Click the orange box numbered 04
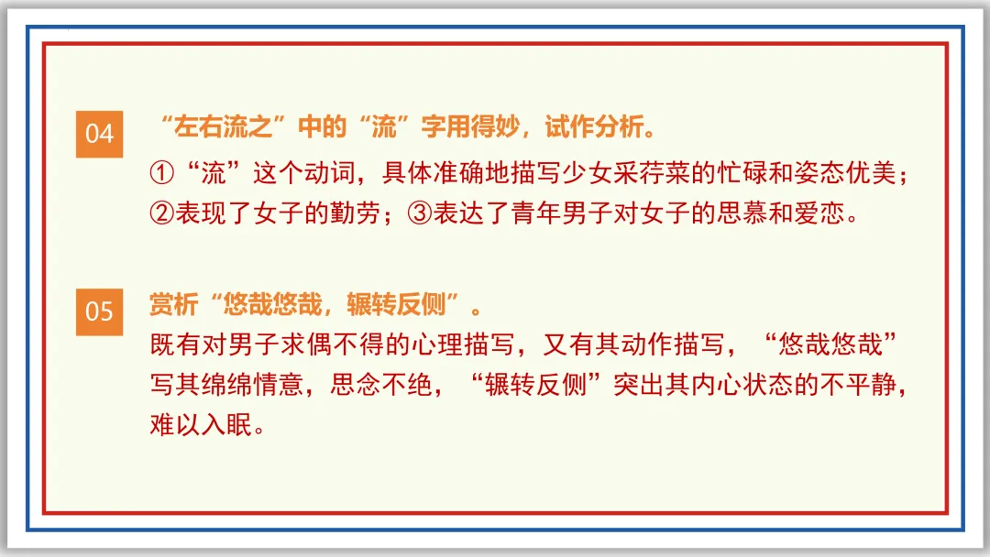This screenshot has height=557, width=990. (x=99, y=134)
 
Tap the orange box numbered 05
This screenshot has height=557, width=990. (x=99, y=311)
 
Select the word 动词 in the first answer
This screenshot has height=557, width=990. (x=324, y=174)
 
